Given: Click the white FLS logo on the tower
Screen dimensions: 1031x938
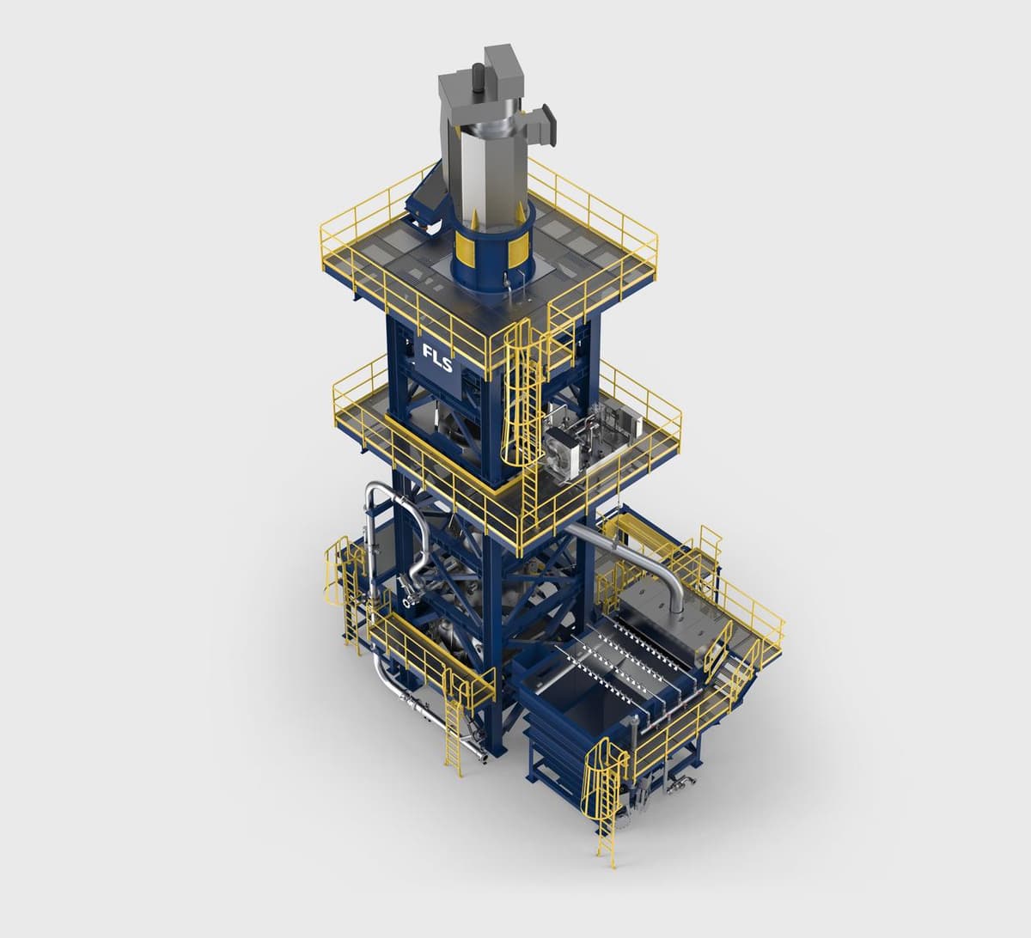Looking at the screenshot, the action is click(436, 358).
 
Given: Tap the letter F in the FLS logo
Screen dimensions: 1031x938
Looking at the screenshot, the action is click(428, 352).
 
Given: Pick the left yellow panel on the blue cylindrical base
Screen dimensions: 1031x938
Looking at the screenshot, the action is click(463, 249).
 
